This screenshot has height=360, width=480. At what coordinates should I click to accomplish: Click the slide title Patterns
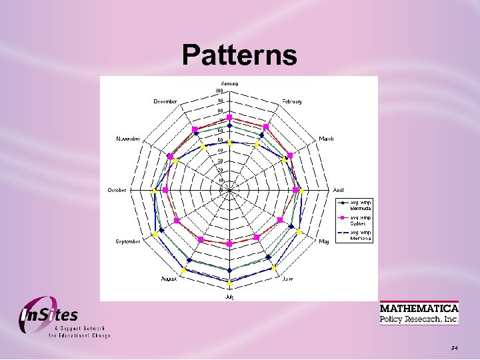click(x=239, y=55)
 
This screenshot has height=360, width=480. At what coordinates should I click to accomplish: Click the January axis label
click(x=229, y=83)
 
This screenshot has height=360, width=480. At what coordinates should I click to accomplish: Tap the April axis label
click(x=339, y=191)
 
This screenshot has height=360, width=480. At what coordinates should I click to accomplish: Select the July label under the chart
click(x=229, y=295)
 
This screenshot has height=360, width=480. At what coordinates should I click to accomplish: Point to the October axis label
click(x=117, y=191)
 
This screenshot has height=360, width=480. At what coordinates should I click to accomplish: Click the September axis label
click(x=128, y=241)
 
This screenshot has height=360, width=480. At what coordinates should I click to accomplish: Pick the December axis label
click(x=165, y=101)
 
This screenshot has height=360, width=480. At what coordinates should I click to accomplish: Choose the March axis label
click(x=326, y=139)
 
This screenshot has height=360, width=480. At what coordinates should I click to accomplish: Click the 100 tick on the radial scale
click(x=219, y=91)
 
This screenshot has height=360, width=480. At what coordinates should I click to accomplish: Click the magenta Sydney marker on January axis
click(x=229, y=117)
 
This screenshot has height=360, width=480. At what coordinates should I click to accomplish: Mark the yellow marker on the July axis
click(x=229, y=289)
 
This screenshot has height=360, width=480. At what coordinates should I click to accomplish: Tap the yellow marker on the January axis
click(x=229, y=142)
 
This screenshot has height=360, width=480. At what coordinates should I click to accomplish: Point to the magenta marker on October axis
click(x=165, y=191)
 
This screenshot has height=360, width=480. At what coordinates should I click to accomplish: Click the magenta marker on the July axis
click(x=229, y=244)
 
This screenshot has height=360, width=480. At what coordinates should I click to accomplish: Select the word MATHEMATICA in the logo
click(x=419, y=309)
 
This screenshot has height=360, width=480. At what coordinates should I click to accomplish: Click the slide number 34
click(x=454, y=348)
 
